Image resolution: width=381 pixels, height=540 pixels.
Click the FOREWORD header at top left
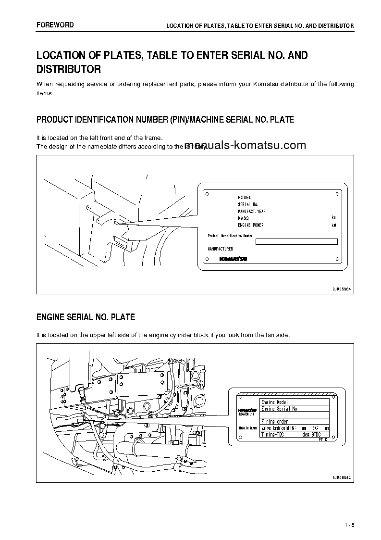pos(55,25)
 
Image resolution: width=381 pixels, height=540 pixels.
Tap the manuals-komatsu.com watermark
pos(245,146)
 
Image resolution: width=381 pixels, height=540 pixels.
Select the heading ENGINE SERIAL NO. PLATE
pos(86,317)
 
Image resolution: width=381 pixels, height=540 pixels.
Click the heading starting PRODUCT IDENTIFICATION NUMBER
pos(165,119)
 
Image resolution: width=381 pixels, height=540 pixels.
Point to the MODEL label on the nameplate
pos(245,198)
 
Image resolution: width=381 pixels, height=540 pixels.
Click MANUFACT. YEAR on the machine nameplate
pos(252,212)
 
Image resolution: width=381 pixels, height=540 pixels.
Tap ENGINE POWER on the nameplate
pos(251,225)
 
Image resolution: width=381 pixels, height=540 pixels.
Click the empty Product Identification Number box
pos(296,241)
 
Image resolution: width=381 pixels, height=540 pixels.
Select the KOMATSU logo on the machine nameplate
pos(234,258)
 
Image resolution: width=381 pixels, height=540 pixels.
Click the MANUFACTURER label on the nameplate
pos(220,249)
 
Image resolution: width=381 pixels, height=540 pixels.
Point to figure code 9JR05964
pos(342,288)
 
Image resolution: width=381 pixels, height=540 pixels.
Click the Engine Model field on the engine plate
pos(274,402)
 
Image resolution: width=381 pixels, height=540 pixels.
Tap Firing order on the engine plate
pos(274,422)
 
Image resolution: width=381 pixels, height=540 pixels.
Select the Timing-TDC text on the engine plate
pos(272,434)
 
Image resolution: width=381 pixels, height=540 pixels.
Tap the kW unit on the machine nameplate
pos(333,225)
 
